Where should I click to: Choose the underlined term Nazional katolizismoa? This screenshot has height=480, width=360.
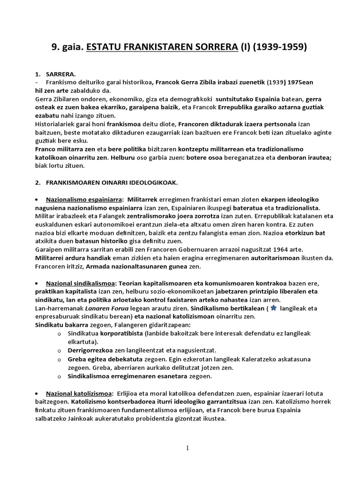(79, 393)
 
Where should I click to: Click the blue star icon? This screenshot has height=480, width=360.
(274, 307)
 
